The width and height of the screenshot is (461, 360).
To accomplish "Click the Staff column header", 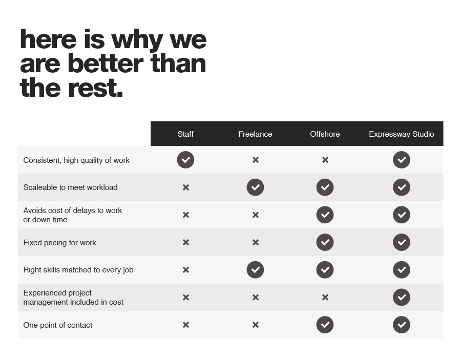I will pyautogui.click(x=185, y=134).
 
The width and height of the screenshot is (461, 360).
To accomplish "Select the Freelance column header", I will pyautogui.click(x=255, y=134).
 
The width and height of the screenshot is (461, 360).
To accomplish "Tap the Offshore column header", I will pyautogui.click(x=325, y=134).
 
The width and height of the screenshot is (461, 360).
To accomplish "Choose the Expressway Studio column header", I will pyautogui.click(x=401, y=134).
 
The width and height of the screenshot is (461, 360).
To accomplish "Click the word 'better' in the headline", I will pyautogui.click(x=105, y=63).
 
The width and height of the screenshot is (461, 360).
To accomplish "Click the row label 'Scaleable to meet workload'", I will pyautogui.click(x=70, y=187).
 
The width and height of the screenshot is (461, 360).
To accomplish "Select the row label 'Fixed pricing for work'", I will pyautogui.click(x=59, y=243).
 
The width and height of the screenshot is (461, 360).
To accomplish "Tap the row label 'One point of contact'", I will pyautogui.click(x=58, y=325).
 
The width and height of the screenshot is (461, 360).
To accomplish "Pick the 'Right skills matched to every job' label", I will pyautogui.click(x=78, y=270).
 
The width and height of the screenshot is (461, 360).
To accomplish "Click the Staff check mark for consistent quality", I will pyautogui.click(x=185, y=160).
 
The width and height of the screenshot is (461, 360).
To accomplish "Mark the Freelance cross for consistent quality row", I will pyautogui.click(x=255, y=160).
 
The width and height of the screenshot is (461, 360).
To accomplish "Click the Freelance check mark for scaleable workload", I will pyautogui.click(x=255, y=187).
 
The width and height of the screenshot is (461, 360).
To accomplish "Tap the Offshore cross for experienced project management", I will pyautogui.click(x=325, y=298).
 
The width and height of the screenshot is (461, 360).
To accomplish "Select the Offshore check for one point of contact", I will pyautogui.click(x=325, y=325).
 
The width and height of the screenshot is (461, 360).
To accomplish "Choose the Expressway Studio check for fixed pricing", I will pyautogui.click(x=401, y=242).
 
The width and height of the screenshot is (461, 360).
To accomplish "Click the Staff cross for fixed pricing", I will pyautogui.click(x=185, y=242).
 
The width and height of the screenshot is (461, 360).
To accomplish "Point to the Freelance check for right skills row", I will pyautogui.click(x=255, y=270).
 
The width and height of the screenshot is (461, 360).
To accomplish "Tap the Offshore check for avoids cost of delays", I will pyautogui.click(x=325, y=215).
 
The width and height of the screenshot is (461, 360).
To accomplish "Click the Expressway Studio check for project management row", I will pyautogui.click(x=401, y=298).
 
